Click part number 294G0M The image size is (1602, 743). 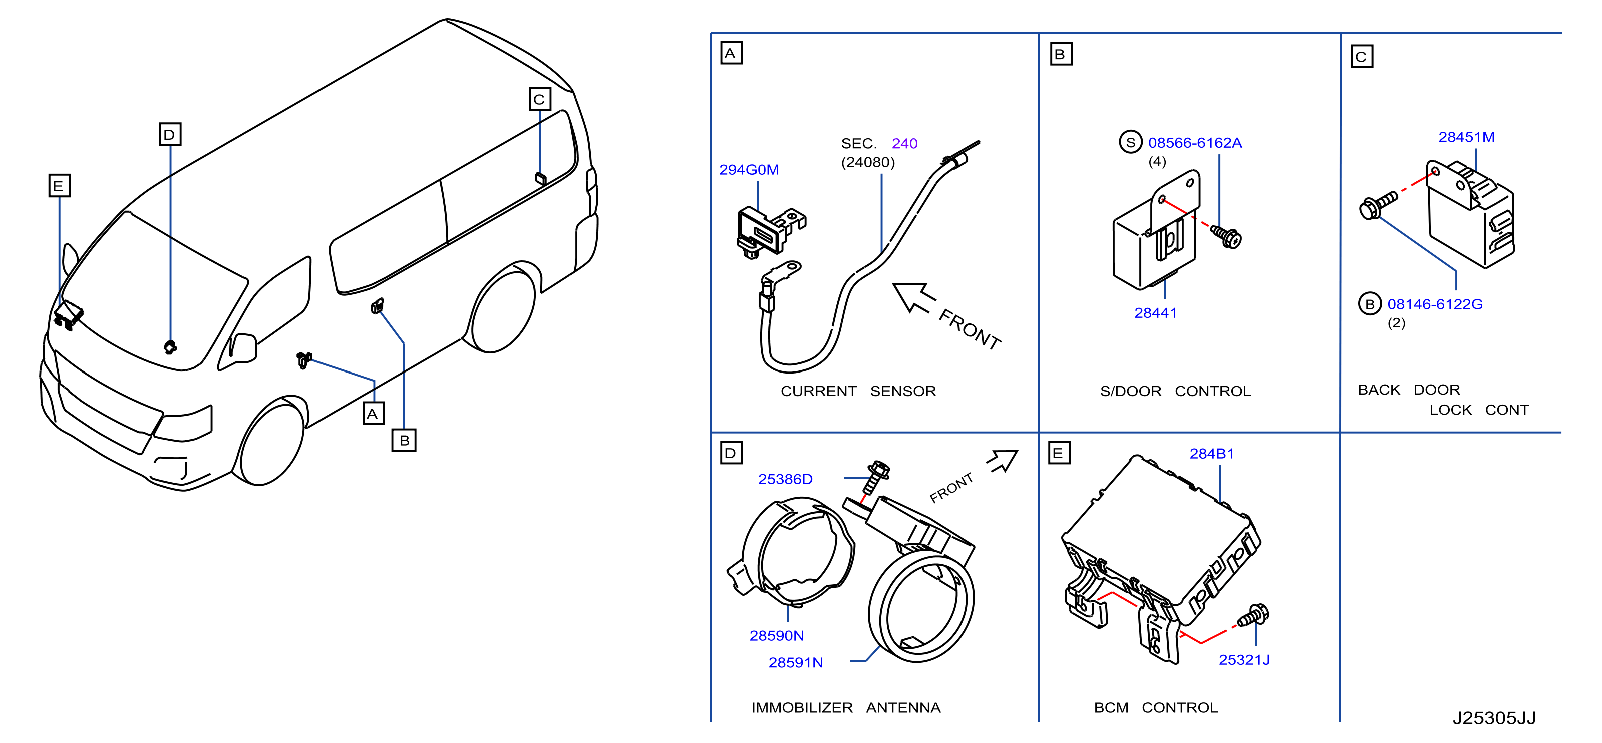point(749,170)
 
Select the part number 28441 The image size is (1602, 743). point(1155,313)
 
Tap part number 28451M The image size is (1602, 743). point(1466,137)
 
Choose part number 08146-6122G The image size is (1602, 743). point(1435,304)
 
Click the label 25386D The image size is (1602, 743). point(785,479)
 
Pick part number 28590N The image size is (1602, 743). point(776,635)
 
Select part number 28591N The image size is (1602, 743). point(795,662)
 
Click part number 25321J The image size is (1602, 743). point(1244,660)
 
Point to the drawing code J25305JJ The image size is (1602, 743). point(1494,718)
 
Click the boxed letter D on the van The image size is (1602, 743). point(170,134)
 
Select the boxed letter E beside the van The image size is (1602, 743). point(59,185)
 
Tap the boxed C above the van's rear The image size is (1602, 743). point(540,99)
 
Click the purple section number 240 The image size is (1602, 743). point(904,144)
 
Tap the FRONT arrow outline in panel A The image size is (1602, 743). point(913,297)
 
